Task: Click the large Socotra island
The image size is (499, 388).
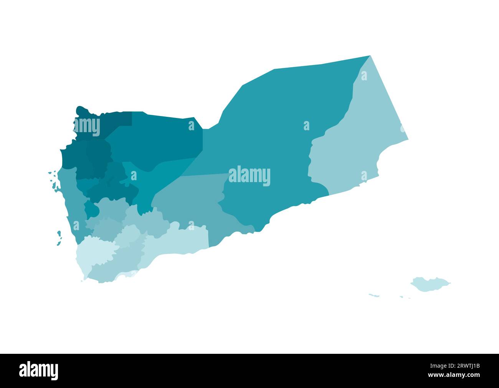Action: tap(429, 284)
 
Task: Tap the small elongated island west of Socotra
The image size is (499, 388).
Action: tap(374, 295)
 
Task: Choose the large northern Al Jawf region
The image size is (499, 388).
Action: tap(161, 138)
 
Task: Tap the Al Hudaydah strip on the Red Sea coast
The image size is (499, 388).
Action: tap(71, 204)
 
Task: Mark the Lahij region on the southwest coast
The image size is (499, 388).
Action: tap(115, 269)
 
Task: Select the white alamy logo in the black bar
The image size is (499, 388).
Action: tap(38, 371)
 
